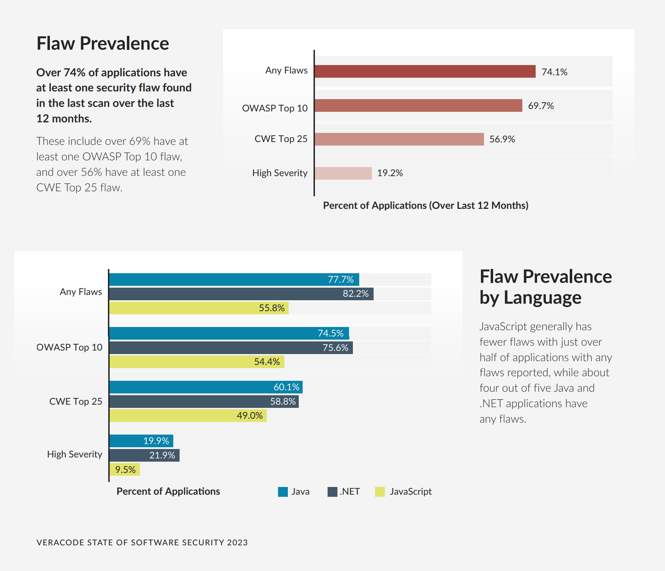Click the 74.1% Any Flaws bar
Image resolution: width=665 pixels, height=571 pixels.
[x=425, y=71]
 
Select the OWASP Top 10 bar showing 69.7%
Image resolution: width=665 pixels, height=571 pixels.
[x=418, y=105]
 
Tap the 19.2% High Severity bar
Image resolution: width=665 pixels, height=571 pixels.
[x=343, y=173]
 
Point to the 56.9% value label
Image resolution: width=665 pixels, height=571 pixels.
[x=502, y=139]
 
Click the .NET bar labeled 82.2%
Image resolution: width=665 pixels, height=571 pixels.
[x=241, y=294]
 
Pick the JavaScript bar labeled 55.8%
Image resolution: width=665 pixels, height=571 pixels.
[x=199, y=308]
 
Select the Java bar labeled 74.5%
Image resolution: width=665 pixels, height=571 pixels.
[x=229, y=333]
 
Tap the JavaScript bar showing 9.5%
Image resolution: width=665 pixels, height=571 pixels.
[x=124, y=469]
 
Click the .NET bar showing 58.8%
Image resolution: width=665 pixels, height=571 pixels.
[x=204, y=402]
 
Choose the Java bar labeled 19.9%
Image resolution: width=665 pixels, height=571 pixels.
[x=141, y=441]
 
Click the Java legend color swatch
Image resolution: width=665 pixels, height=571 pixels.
[x=283, y=492]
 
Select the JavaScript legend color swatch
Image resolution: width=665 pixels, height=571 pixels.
[x=380, y=492]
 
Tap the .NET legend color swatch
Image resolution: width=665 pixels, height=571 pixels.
[x=332, y=492]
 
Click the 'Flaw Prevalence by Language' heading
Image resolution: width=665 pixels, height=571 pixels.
[x=545, y=287]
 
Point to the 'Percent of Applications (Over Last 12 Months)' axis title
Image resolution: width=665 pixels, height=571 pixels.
[x=426, y=205]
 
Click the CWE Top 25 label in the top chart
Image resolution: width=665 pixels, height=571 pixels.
[x=281, y=139]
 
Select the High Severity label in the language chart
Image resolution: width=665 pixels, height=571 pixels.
[x=75, y=454]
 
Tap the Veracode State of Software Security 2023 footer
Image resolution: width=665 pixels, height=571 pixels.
[x=142, y=543]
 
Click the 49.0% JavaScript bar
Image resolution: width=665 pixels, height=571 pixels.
[x=188, y=416]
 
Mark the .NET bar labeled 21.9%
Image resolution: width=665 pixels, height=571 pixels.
[x=144, y=455]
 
